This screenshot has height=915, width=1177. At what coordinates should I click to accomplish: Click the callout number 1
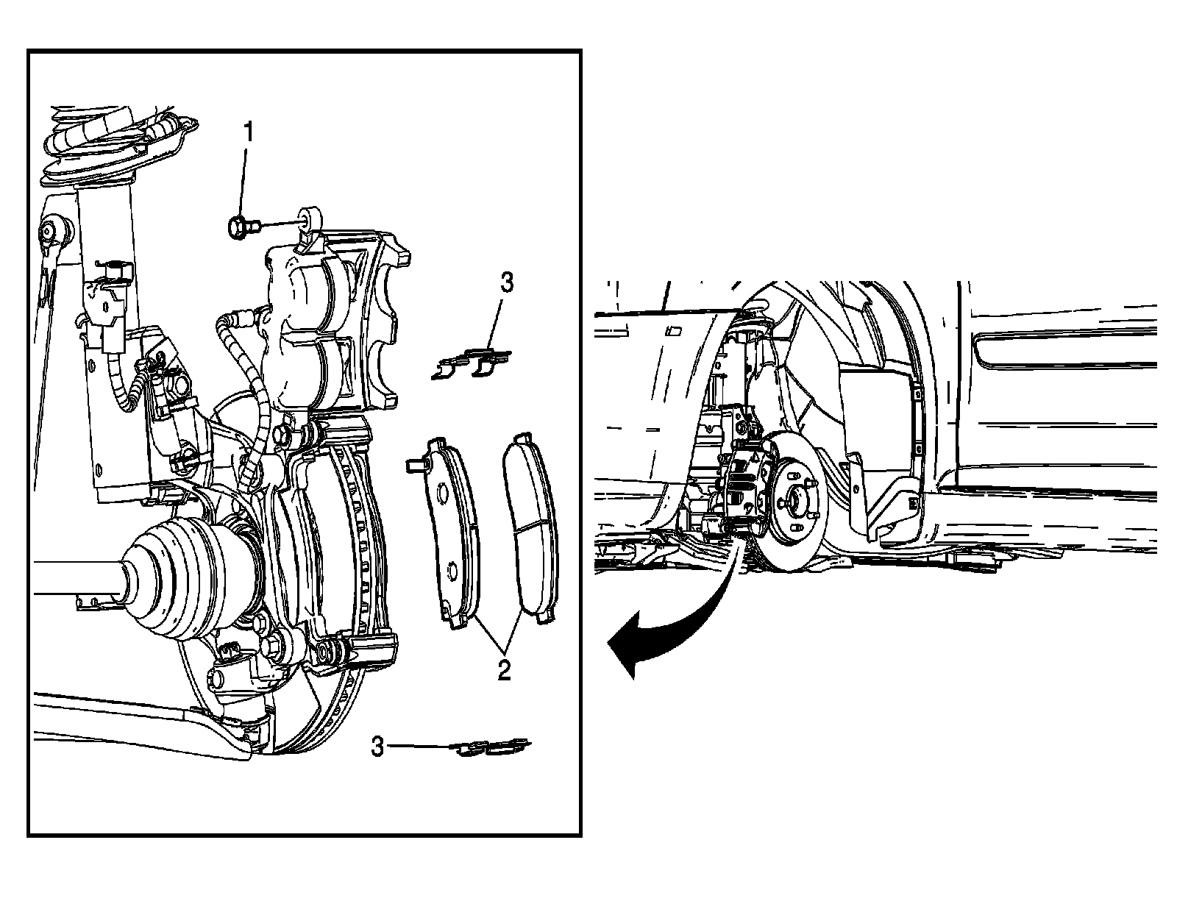coord(249,133)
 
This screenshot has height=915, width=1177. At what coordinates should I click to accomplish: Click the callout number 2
coord(503,670)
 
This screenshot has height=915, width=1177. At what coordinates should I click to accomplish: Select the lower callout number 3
coord(377,747)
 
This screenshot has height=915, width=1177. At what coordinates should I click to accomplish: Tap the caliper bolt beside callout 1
coord(240,227)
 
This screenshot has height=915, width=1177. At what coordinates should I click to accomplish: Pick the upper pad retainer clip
coord(472,364)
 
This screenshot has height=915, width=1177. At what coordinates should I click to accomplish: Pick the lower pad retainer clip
coord(491,747)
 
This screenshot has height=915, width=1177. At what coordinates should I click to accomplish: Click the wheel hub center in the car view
coord(797,500)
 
